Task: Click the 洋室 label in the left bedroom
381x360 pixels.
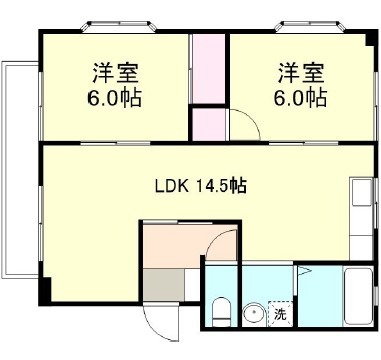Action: click(x=114, y=73)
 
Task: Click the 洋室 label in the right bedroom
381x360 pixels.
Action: click(x=301, y=73)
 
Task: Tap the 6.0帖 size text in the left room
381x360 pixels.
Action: click(x=114, y=98)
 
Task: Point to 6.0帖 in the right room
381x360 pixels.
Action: click(x=301, y=98)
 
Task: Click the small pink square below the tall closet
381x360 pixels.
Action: click(x=209, y=125)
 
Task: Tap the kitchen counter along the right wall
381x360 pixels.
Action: click(x=360, y=216)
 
